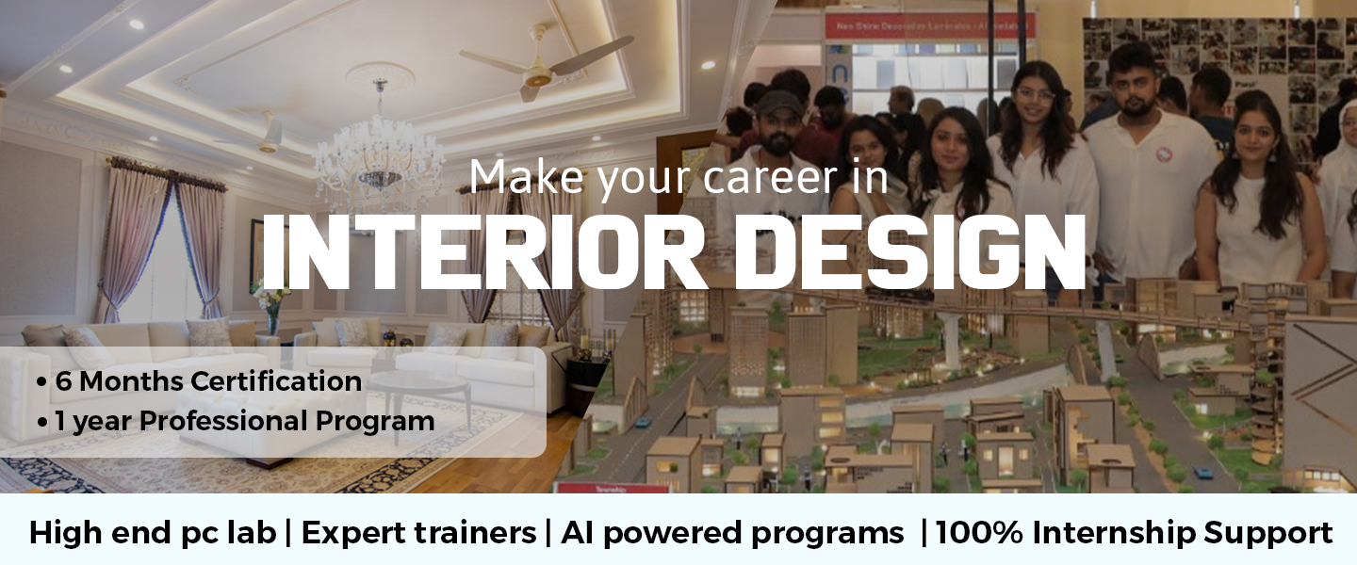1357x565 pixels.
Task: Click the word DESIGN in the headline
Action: click(x=909, y=252)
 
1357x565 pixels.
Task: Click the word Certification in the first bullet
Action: click(x=276, y=381)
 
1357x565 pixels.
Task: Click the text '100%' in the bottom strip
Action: click(x=980, y=533)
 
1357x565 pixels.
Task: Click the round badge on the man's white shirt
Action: click(x=1165, y=153)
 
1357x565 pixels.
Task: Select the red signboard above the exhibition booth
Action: click(x=930, y=26)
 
